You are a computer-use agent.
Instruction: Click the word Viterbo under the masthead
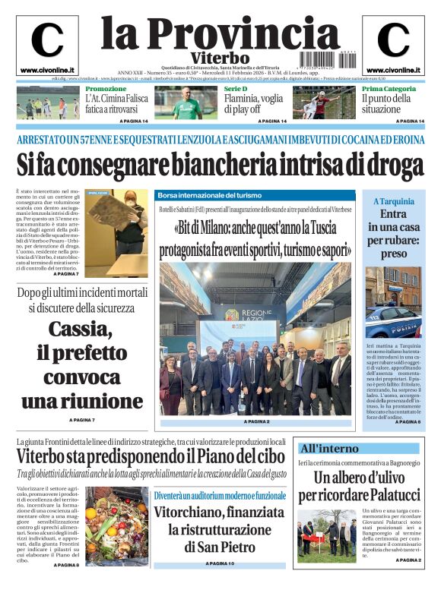220,58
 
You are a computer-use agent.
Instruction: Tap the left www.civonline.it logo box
46,46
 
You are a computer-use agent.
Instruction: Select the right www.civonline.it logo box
393,46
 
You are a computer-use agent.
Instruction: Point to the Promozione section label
106,89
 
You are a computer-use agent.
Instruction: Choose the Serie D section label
236,89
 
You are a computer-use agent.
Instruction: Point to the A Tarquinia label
393,201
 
